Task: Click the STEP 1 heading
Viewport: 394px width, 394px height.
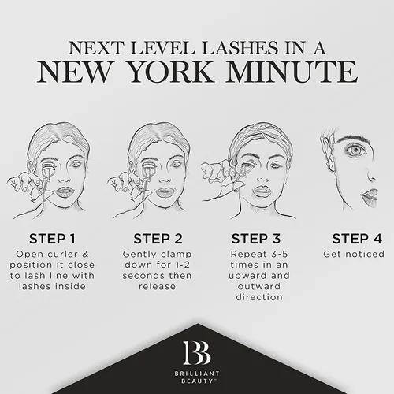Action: (x=52, y=239)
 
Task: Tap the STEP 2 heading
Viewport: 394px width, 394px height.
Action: (x=158, y=239)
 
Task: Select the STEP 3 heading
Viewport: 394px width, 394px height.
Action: (x=256, y=239)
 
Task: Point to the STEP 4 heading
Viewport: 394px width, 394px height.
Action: (x=357, y=239)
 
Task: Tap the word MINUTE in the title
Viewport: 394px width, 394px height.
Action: (x=292, y=72)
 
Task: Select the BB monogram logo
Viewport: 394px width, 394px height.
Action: (x=197, y=353)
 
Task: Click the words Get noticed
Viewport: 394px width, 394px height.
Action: (x=354, y=254)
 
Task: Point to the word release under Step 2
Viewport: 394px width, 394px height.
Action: (x=157, y=286)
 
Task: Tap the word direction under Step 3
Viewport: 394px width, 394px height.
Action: (x=259, y=297)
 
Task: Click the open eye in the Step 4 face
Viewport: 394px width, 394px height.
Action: (x=355, y=151)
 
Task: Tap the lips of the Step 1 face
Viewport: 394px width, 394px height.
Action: (x=65, y=192)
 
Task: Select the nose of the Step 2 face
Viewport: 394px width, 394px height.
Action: (x=165, y=177)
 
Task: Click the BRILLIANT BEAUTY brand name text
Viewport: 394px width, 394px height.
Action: (x=197, y=377)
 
